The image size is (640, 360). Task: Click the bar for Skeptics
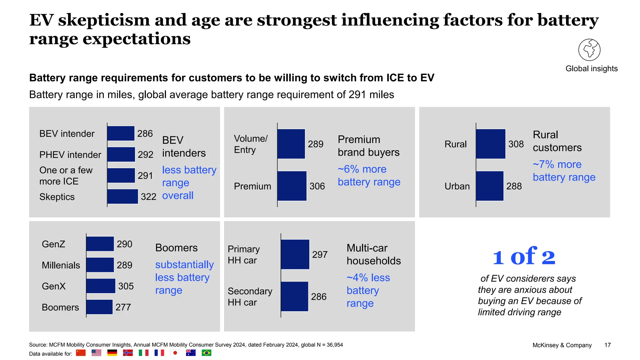coord(122,197)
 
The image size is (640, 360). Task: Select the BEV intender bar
coord(121,133)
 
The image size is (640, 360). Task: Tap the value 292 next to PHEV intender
coord(146,154)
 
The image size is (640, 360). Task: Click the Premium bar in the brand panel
coord(292,186)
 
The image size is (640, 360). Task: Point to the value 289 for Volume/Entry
coord(316,144)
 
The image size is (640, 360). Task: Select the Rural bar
coord(491,144)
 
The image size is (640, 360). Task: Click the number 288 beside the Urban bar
coord(514,186)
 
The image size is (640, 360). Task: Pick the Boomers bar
coord(99,307)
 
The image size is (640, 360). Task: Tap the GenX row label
coord(54,286)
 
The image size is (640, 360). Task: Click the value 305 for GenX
coord(126,286)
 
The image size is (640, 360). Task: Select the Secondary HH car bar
coord(294,297)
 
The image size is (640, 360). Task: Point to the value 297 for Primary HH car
coord(320,255)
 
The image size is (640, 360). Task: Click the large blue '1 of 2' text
coord(524,257)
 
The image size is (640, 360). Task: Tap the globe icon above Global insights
coord(589,50)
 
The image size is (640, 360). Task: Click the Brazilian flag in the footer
coord(206,353)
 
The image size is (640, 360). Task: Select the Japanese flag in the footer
coord(175,353)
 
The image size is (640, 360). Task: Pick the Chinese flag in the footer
coord(81,353)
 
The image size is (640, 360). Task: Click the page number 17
coord(607,345)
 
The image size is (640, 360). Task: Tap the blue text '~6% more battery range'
coord(369,175)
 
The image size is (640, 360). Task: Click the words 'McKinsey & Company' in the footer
coord(562,345)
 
